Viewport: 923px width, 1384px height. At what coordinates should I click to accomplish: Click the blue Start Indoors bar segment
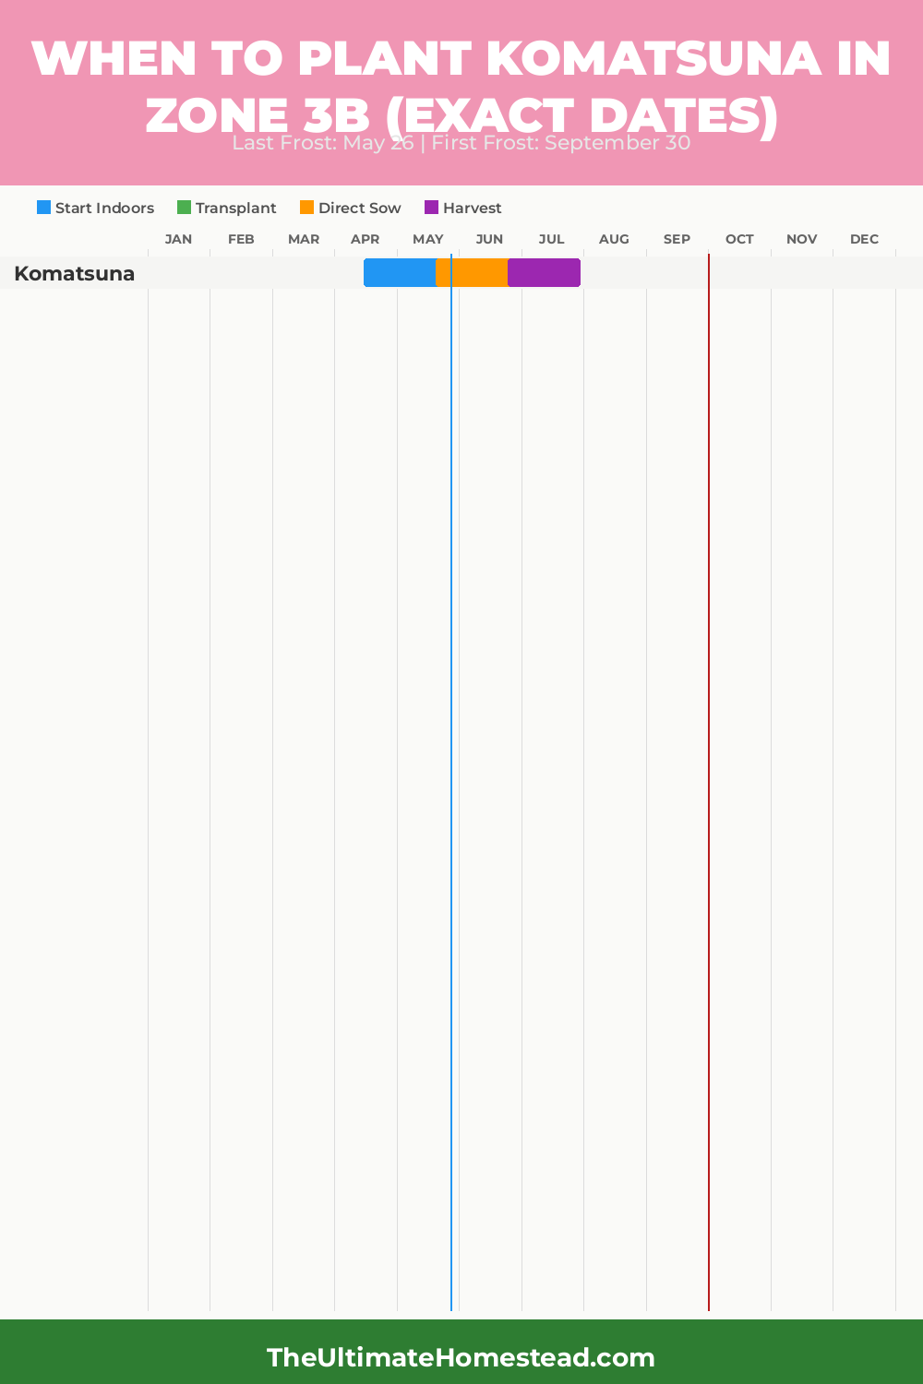point(399,273)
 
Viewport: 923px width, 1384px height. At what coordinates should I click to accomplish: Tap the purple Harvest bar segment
point(544,273)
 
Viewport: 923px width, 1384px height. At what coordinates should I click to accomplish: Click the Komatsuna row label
point(75,274)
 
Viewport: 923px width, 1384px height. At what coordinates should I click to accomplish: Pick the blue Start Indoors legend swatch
point(44,208)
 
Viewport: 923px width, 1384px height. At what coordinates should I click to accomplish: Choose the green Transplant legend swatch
point(185,208)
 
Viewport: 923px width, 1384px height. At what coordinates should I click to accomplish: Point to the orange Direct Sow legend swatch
point(307,208)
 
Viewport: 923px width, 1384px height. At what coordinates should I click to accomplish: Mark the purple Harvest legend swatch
point(432,208)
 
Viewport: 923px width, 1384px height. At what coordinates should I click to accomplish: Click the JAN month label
point(178,239)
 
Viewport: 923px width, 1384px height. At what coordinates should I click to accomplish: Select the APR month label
point(366,239)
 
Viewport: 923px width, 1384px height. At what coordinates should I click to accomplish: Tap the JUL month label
point(552,239)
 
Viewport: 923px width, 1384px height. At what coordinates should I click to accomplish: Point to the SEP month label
point(677,239)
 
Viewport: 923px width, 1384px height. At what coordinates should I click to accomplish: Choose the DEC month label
point(864,239)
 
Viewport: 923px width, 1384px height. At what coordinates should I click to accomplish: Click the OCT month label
point(739,239)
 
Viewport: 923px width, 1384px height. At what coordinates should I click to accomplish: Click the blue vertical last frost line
point(451,738)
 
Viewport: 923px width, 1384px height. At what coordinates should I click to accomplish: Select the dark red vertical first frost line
point(709,738)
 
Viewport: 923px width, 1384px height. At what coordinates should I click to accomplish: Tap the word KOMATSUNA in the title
point(653,58)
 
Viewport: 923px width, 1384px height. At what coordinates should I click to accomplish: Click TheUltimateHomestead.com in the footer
point(461,1357)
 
